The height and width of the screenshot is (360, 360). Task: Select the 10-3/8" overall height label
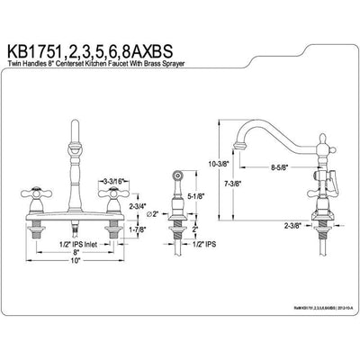point(225,164)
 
